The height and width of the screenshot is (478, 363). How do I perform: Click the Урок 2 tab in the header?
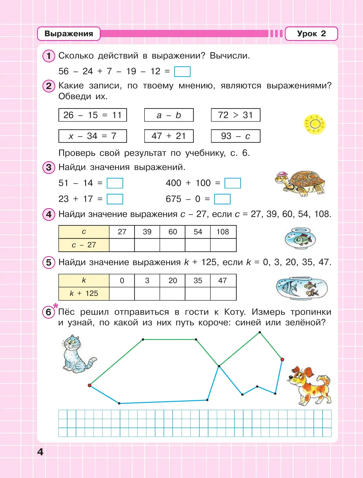coord(311,34)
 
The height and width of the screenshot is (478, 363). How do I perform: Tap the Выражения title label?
coord(69,34)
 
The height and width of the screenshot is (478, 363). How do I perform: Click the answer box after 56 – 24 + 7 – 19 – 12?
coord(182,72)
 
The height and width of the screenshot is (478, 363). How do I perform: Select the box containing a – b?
coord(169,115)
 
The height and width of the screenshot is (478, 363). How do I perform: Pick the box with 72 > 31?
coord(235,115)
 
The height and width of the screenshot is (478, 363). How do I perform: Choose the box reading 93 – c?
coord(235,136)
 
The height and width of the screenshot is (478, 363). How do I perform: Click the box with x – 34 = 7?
coord(93,136)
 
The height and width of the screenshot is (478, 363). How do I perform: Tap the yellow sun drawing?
coord(315,124)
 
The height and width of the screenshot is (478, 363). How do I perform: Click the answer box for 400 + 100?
coord(233,183)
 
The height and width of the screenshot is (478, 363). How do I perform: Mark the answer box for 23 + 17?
coord(115,199)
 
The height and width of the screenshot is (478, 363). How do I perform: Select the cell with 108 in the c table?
coord(223,232)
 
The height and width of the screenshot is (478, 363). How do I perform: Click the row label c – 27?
coord(84,245)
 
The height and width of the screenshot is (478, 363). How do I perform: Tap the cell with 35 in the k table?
coord(198,280)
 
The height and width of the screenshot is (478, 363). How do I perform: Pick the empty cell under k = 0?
coord(122,294)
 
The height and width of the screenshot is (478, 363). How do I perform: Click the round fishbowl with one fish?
coord(300,239)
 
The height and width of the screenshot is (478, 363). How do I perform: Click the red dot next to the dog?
coord(282,359)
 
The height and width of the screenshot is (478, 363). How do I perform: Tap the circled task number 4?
coord(49,214)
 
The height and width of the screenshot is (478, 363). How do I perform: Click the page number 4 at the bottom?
coord(40,452)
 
